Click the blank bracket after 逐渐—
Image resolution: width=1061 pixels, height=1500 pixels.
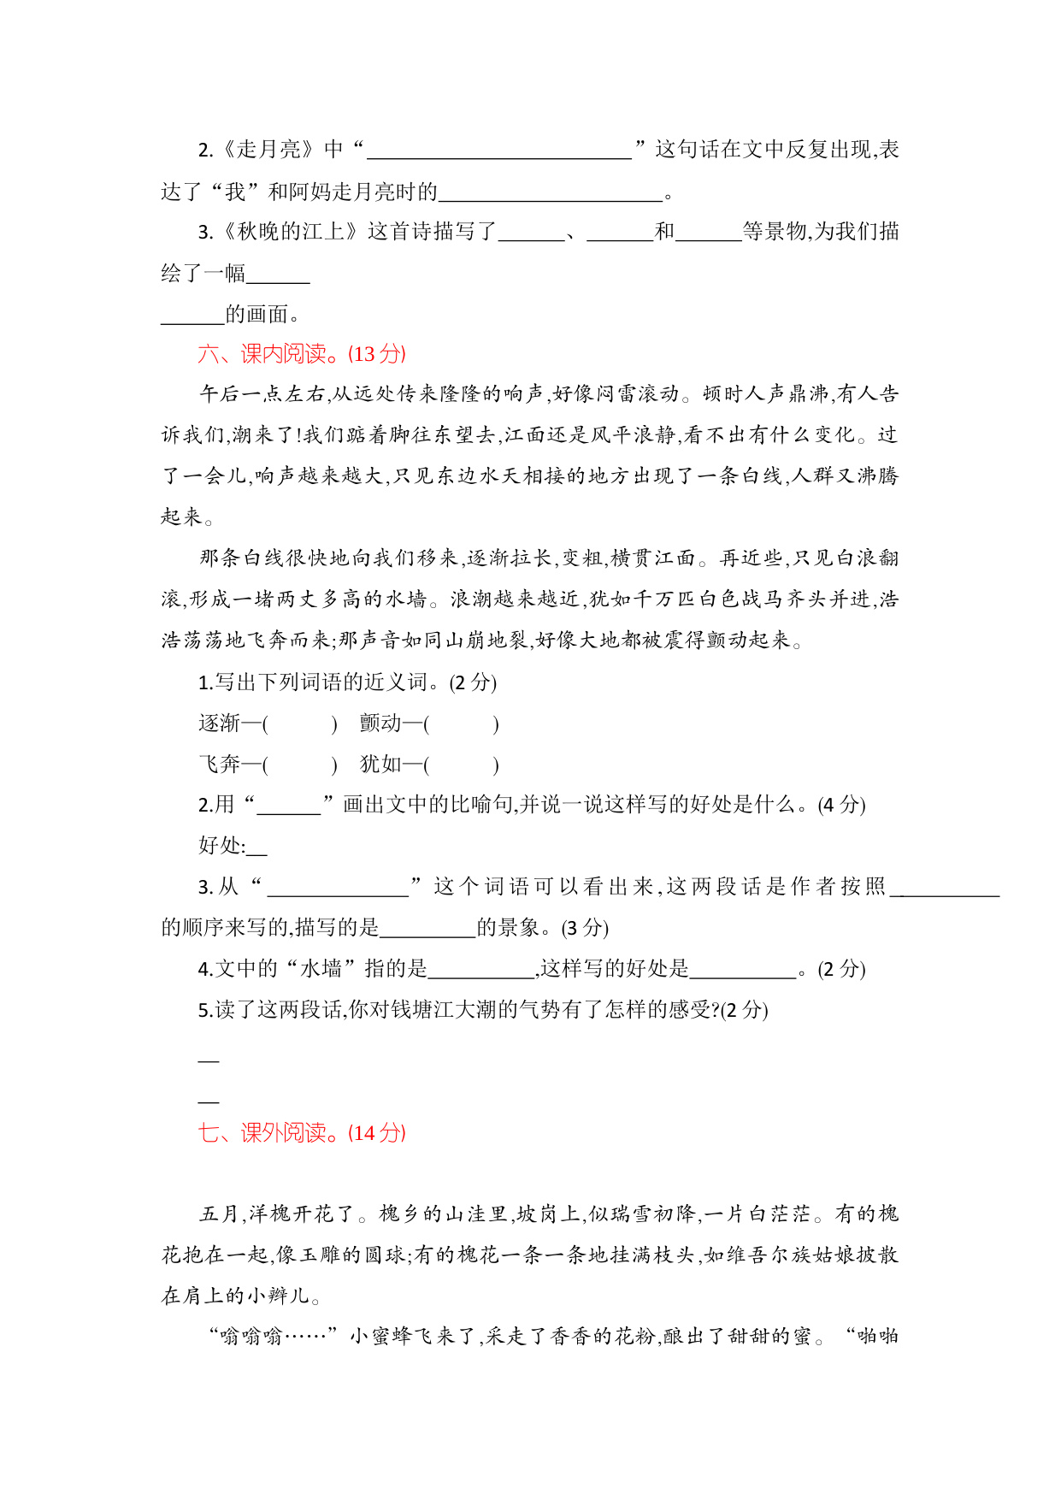tap(299, 724)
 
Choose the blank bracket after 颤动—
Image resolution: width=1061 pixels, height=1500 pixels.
tap(461, 724)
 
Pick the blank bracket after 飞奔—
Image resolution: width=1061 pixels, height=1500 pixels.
tap(299, 765)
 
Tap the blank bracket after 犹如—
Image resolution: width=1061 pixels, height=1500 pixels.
tap(461, 765)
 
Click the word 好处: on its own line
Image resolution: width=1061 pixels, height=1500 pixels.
tap(221, 846)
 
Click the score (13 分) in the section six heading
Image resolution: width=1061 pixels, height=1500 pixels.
tap(379, 354)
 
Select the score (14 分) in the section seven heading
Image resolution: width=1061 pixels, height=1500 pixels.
tap(377, 1133)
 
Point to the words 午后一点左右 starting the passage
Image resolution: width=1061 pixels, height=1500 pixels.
tap(262, 393)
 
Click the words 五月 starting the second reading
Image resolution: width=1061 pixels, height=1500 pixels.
tap(221, 1214)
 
